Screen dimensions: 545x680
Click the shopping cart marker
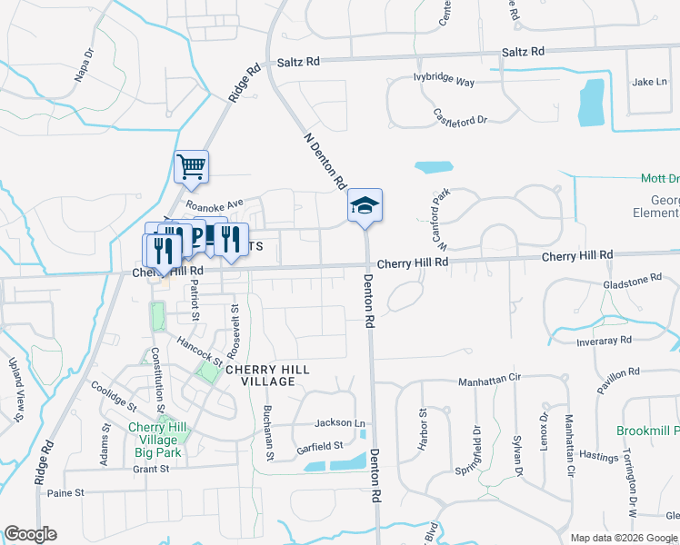pyautogui.click(x=191, y=166)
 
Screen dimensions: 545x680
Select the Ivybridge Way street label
pyautogui.click(x=445, y=81)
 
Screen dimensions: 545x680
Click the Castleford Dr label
pyautogui.click(x=461, y=116)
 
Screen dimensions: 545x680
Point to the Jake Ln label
pyautogui.click(x=649, y=82)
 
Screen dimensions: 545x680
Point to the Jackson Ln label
pyautogui.click(x=339, y=423)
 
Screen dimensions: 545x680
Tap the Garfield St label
pyautogui.click(x=319, y=446)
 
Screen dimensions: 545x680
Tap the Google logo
pyautogui.click(x=30, y=534)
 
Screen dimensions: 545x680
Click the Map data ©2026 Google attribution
pyautogui.click(x=623, y=538)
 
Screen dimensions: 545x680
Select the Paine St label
pyautogui.click(x=65, y=493)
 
